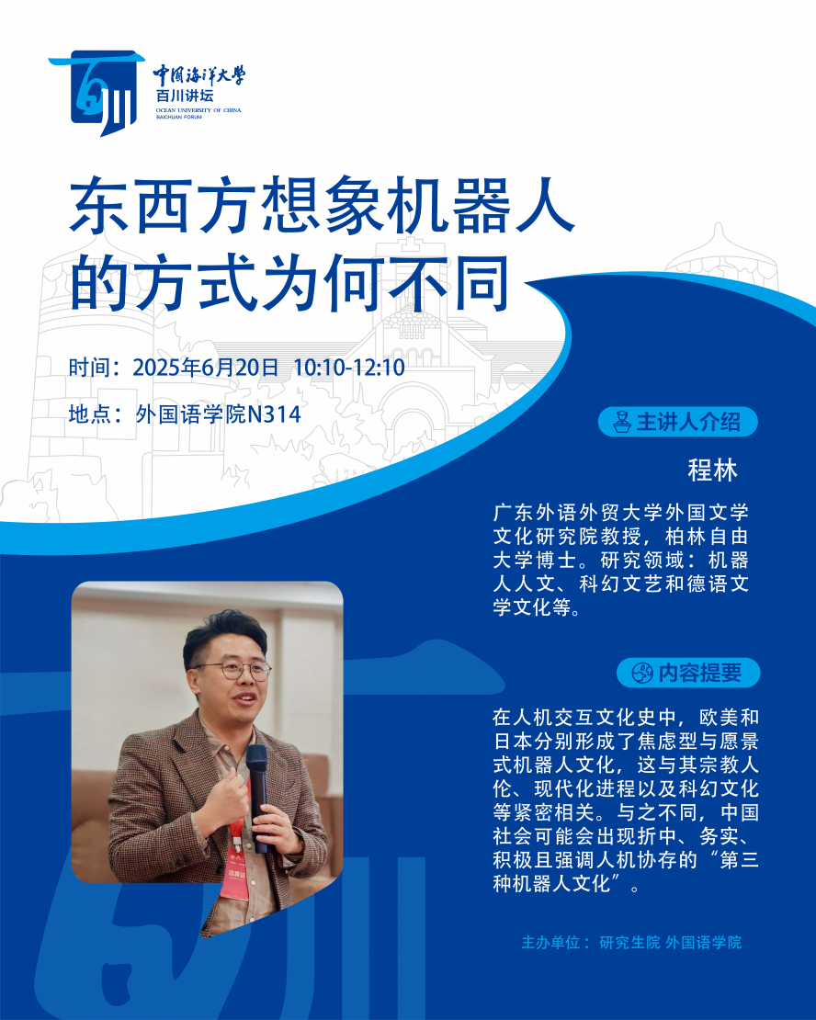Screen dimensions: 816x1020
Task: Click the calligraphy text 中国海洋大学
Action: pyautogui.click(x=199, y=75)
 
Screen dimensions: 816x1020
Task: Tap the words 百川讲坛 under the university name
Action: pyautogui.click(x=185, y=96)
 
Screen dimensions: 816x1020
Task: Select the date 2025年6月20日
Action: pyautogui.click(x=206, y=368)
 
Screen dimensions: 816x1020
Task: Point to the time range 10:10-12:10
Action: pyautogui.click(x=349, y=368)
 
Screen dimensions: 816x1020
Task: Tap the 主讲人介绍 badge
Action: pyautogui.click(x=678, y=422)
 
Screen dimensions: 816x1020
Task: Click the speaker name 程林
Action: pyautogui.click(x=712, y=470)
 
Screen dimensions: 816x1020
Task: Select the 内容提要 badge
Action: pyautogui.click(x=688, y=673)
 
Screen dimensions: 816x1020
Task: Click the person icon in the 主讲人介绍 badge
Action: pyautogui.click(x=622, y=422)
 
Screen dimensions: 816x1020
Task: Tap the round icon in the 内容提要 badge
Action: pyautogui.click(x=642, y=673)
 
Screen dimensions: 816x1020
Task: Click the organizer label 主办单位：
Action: pyautogui.click(x=556, y=942)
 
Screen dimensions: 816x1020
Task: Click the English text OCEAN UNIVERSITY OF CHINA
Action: pyautogui.click(x=198, y=110)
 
